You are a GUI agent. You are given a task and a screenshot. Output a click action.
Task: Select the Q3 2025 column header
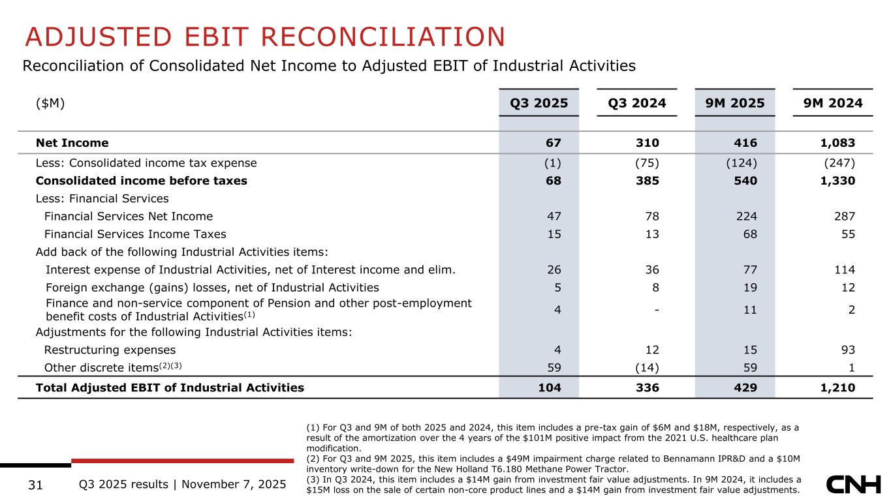pos(539,103)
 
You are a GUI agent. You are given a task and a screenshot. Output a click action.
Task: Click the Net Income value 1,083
pos(837,143)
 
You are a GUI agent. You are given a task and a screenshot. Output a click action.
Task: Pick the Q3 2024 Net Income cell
pos(649,143)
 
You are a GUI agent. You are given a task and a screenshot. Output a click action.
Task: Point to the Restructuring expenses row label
pos(110,350)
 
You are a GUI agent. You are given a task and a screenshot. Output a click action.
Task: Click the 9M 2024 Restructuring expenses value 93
pos(847,350)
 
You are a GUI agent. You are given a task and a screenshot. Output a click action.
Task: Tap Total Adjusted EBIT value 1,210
pos(837,388)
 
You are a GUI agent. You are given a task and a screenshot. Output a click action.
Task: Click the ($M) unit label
pos(51,103)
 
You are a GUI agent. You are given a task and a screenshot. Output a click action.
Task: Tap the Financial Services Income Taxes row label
pos(135,234)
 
